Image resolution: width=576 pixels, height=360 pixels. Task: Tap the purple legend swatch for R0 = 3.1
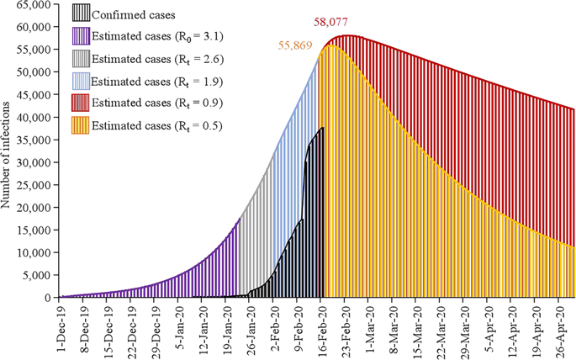pos(80,36)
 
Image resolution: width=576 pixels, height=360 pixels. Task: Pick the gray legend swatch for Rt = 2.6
pos(80,59)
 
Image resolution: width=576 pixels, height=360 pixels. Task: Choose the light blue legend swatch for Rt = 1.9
pos(80,82)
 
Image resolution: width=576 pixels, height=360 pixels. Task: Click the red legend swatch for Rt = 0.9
pos(80,103)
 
